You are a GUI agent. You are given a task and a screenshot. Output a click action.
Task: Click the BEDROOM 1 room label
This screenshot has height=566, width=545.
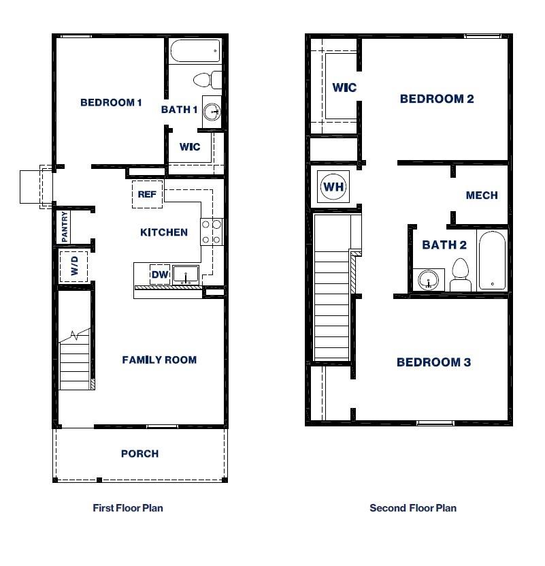(x=111, y=103)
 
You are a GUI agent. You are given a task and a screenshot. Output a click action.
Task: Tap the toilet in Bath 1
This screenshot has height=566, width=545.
(x=206, y=80)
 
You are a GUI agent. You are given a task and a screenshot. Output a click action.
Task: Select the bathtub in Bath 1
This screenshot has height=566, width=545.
(x=196, y=50)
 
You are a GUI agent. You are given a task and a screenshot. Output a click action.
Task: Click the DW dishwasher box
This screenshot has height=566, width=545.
(x=159, y=274)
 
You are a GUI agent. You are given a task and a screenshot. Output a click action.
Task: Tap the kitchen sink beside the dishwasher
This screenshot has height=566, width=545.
(x=185, y=274)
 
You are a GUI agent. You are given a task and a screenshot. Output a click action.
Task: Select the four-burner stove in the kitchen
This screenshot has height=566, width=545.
(x=212, y=231)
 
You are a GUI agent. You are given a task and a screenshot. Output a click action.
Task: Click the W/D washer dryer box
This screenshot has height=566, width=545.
(x=74, y=266)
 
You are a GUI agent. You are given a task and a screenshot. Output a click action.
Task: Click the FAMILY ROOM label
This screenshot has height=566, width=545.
(x=159, y=360)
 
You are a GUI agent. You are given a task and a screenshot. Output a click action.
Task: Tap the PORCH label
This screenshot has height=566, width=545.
(x=139, y=454)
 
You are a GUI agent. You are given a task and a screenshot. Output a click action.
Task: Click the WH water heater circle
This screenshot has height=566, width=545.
(x=333, y=187)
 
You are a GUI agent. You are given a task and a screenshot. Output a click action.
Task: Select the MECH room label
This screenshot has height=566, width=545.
(x=482, y=195)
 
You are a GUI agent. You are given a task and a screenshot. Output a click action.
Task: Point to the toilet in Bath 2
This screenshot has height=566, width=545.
(x=461, y=274)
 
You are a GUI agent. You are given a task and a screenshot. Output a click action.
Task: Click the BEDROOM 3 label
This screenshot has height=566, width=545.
(x=433, y=362)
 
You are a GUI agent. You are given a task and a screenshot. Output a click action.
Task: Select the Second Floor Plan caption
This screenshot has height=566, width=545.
(x=413, y=508)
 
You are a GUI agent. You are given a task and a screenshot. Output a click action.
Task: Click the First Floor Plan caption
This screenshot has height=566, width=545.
(x=128, y=508)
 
